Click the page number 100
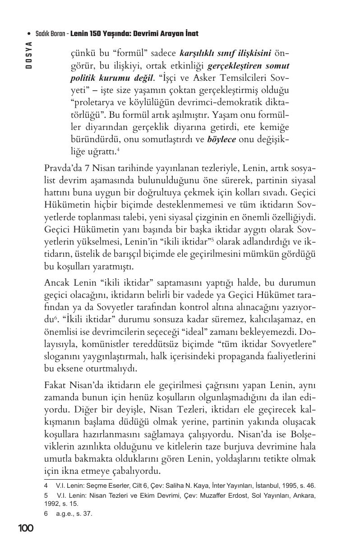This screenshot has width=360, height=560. click(x=26, y=528)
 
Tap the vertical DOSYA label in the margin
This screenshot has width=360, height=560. click(x=28, y=55)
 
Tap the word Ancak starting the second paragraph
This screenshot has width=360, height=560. click(x=56, y=283)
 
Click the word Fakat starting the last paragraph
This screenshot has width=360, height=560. click(x=55, y=386)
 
